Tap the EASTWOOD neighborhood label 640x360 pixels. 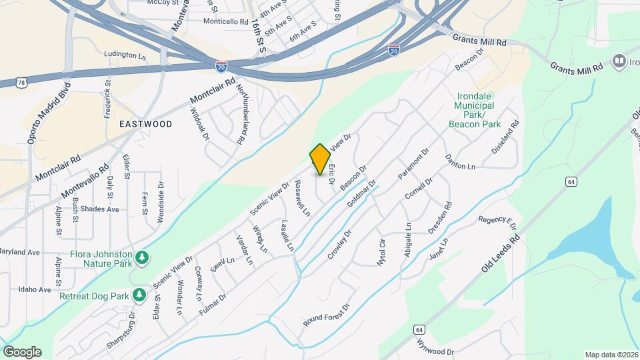point(145,124)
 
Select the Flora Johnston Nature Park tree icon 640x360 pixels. point(141,257)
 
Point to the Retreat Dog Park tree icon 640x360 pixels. point(139,295)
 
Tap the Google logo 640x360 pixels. point(22,352)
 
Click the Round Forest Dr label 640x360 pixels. point(327,316)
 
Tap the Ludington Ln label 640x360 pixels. point(125,55)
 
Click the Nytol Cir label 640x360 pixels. point(383,253)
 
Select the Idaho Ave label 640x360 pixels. point(35,290)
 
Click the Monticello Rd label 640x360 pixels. point(226,22)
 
